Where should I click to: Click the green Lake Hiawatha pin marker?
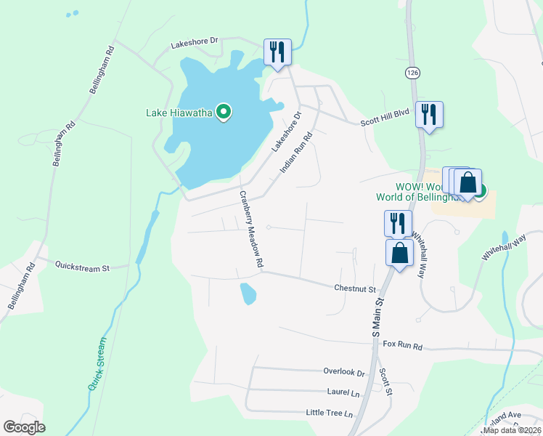[x=224, y=112]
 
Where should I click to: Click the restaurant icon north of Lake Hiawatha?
[x=277, y=52]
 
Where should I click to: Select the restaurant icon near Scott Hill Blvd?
[x=429, y=115]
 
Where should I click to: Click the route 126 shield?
[x=412, y=73]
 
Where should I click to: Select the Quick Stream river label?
[x=97, y=363]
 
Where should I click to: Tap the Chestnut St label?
[x=355, y=288]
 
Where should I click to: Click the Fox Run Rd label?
[x=402, y=345]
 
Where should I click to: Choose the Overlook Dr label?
[x=343, y=371]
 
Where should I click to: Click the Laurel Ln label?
[x=343, y=392]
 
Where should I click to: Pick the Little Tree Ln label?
[x=329, y=413]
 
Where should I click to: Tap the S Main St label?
[x=377, y=315]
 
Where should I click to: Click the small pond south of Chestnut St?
[x=248, y=294]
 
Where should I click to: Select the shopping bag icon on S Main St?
[x=399, y=254]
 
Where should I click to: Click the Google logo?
[x=23, y=427]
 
